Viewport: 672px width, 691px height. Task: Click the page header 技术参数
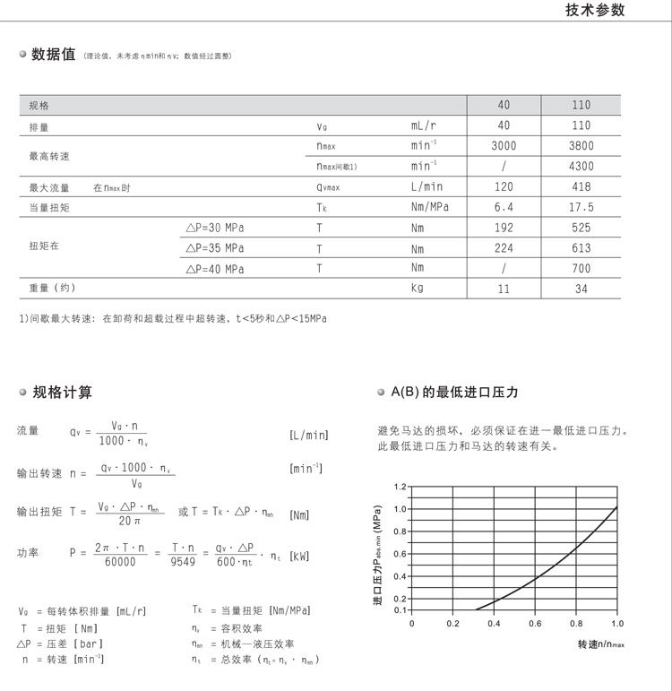click(x=595, y=11)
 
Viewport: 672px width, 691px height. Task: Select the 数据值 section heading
click(x=53, y=55)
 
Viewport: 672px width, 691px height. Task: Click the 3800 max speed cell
click(x=581, y=146)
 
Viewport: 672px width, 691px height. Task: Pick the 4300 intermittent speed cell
click(x=581, y=167)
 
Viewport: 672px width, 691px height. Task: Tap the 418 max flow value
click(x=581, y=187)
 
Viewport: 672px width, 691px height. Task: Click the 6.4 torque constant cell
click(x=504, y=208)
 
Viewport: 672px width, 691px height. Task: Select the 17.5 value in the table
click(x=581, y=208)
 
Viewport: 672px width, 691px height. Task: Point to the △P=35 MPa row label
click(x=214, y=248)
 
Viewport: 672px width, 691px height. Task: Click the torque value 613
click(x=581, y=248)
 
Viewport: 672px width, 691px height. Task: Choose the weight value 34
click(x=581, y=289)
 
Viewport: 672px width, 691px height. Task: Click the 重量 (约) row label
click(x=52, y=289)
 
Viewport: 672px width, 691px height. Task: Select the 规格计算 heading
click(x=62, y=393)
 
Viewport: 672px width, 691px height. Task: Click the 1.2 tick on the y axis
click(x=400, y=487)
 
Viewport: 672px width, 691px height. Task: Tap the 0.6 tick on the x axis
click(x=535, y=622)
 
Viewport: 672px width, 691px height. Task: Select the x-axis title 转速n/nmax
click(x=600, y=643)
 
